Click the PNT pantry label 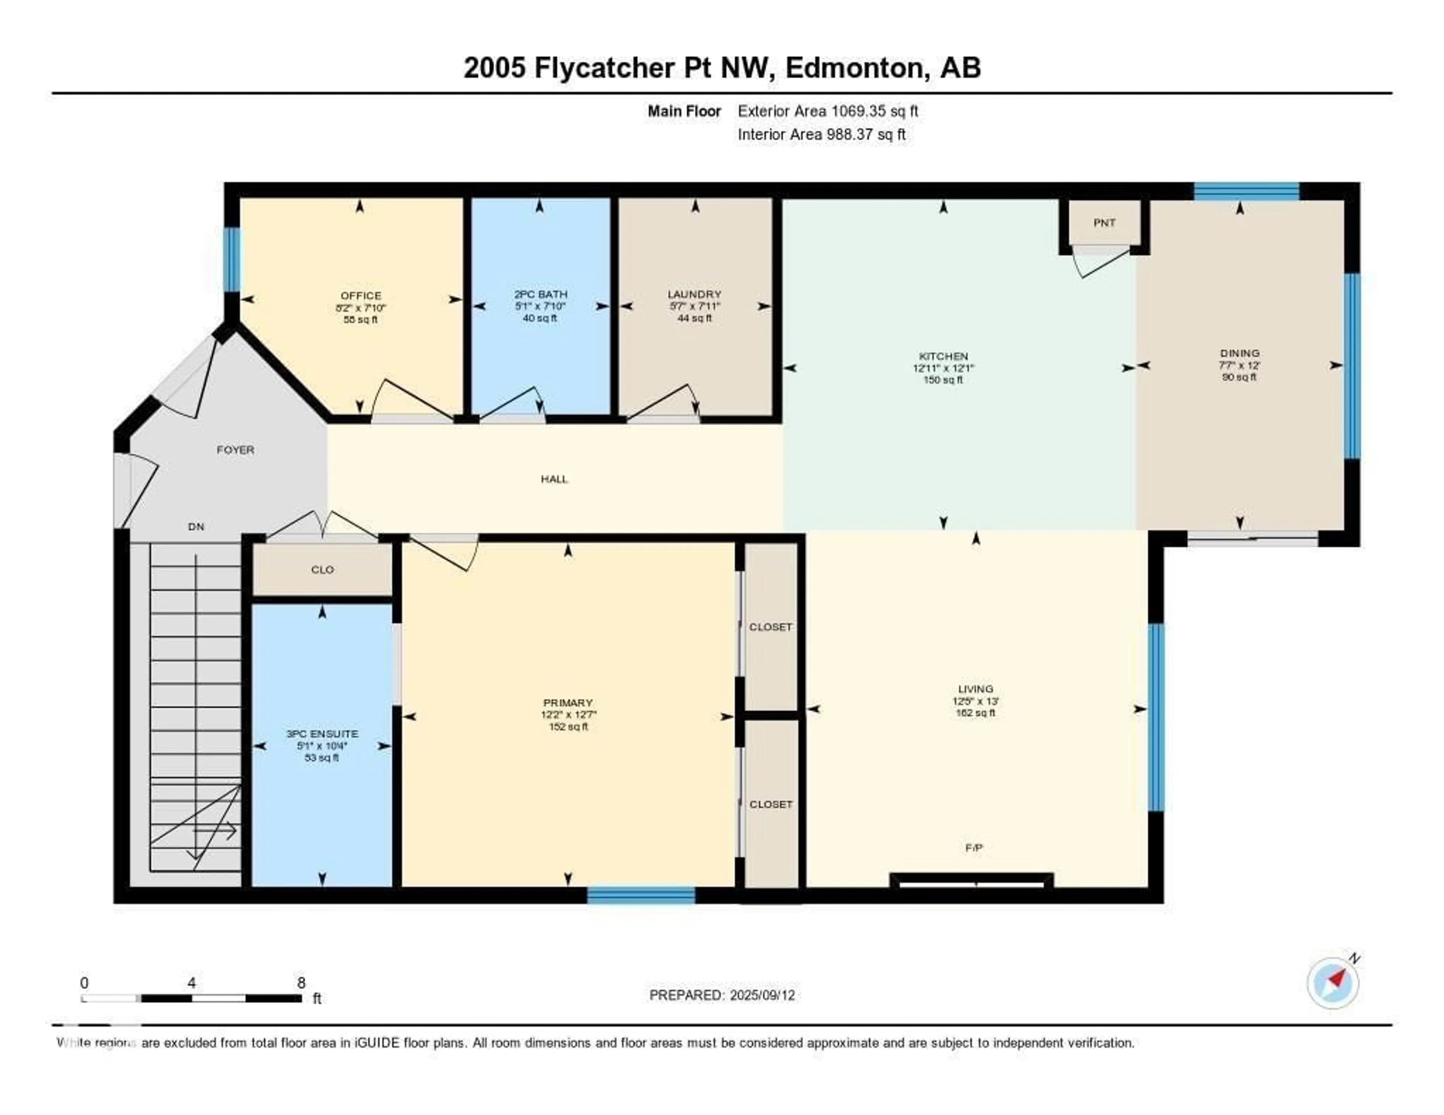(x=1104, y=223)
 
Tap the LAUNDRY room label (x=694, y=294)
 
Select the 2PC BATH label (x=540, y=294)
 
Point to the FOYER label (x=235, y=450)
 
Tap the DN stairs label (x=196, y=527)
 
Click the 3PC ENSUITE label (x=322, y=734)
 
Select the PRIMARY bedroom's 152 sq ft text (x=568, y=726)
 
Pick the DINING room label (x=1240, y=353)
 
